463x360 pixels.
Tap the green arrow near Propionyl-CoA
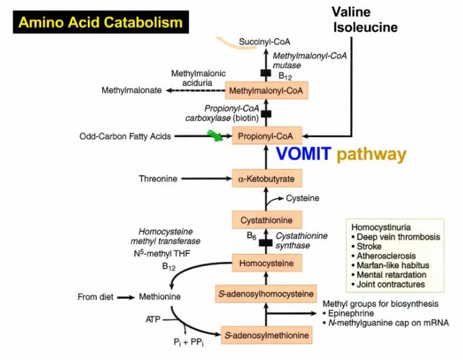(x=215, y=136)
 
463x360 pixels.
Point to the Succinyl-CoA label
(x=266, y=43)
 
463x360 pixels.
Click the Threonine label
(x=157, y=179)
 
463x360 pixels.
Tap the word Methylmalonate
(x=131, y=90)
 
